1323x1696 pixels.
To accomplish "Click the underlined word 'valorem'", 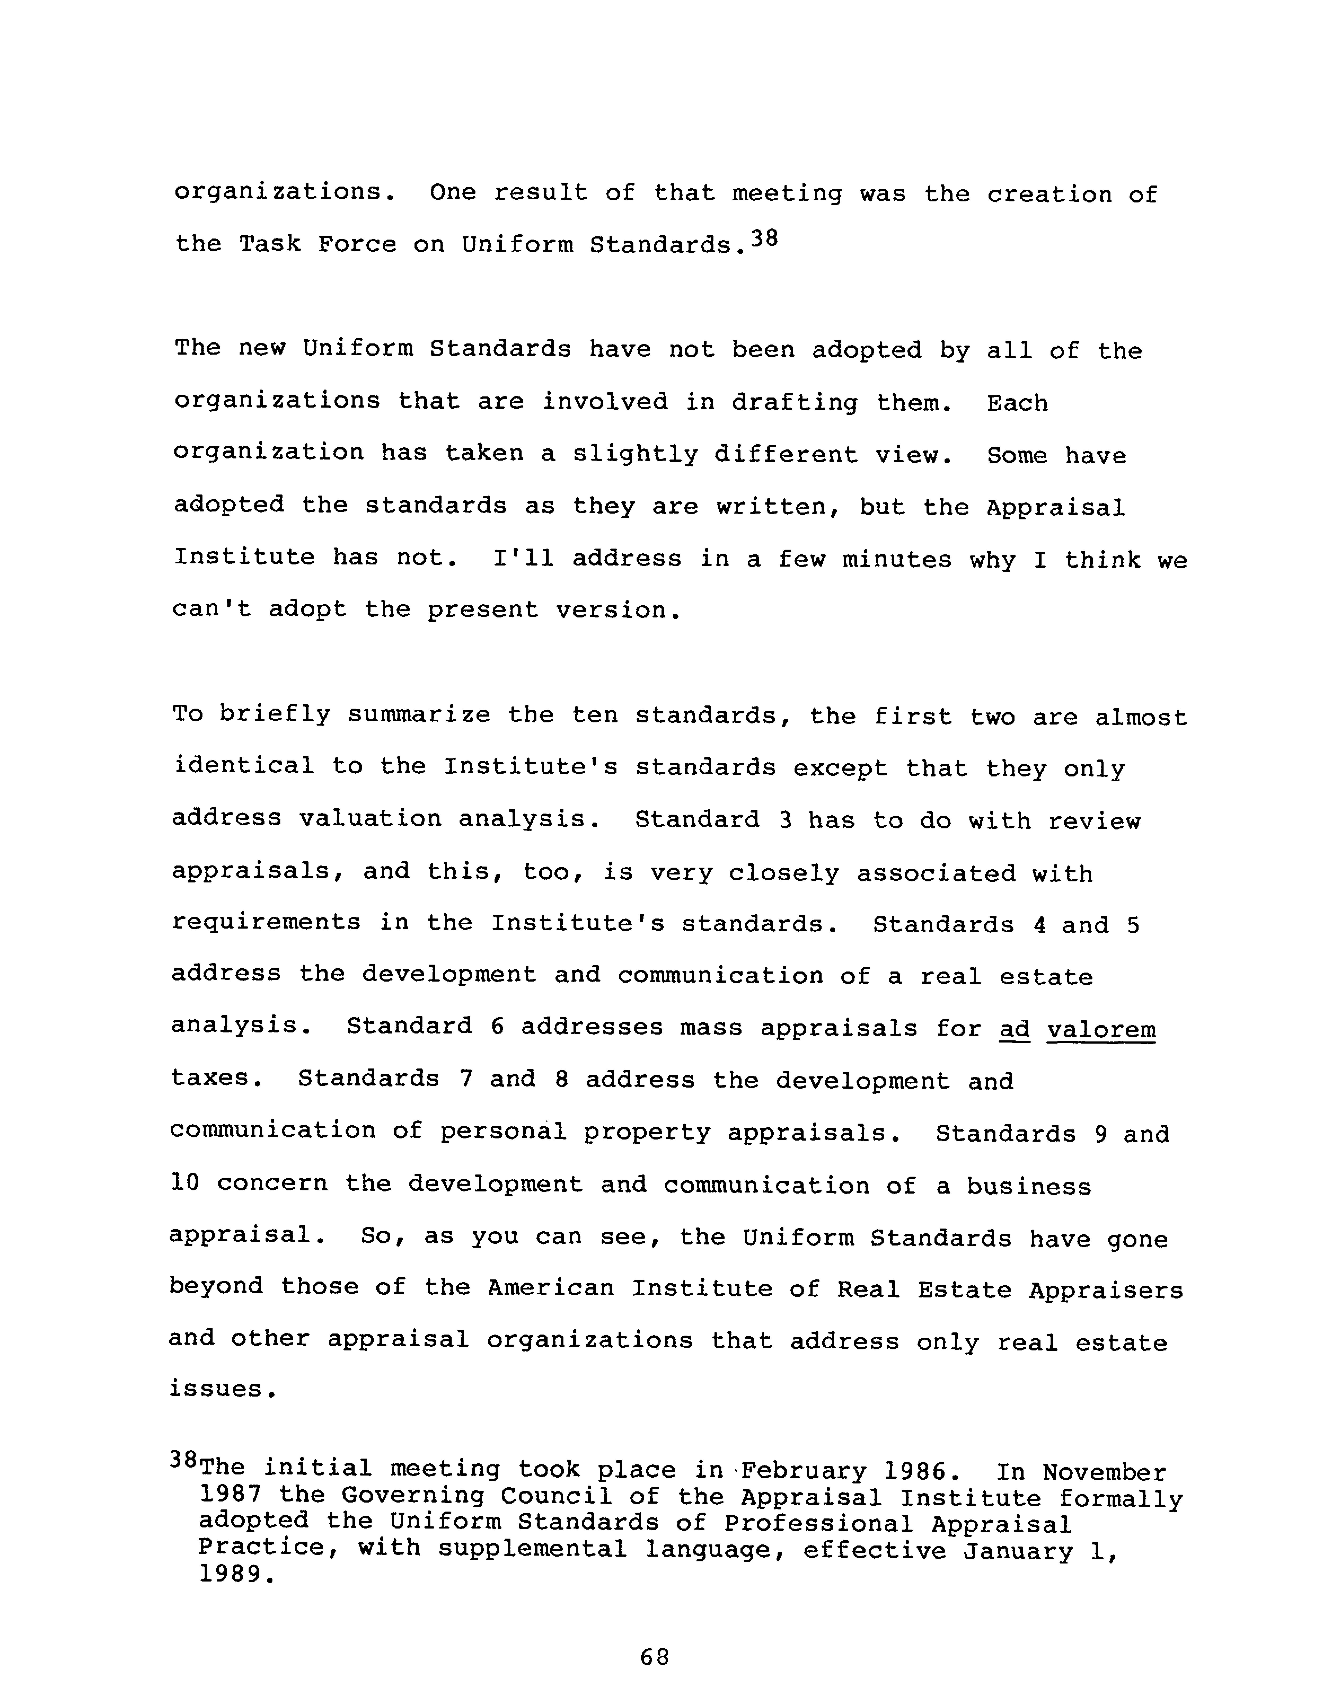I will pyautogui.click(x=1101, y=1030).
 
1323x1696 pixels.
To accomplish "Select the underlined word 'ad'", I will pyautogui.click(x=1014, y=1030).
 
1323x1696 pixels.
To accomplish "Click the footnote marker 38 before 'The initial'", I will pyautogui.click(x=183, y=1460).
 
